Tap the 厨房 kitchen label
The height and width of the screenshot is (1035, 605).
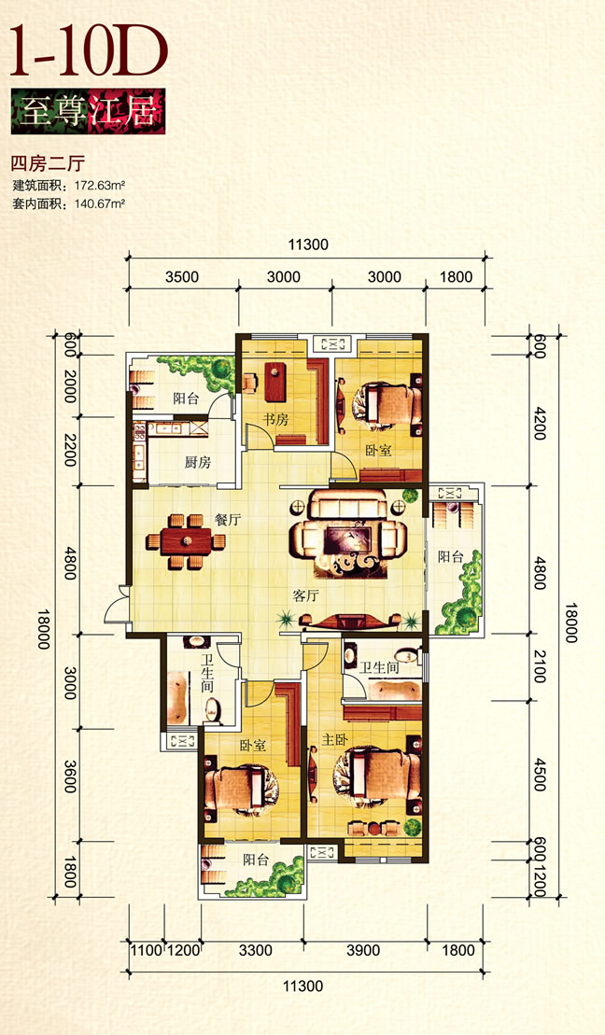pos(198,462)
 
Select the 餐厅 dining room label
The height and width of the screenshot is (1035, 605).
pos(227,519)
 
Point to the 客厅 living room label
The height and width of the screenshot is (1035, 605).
pos(306,595)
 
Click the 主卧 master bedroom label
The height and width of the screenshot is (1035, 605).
pos(334,740)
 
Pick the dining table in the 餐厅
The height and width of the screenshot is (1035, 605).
pos(186,541)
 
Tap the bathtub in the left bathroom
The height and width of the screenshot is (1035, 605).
pos(178,699)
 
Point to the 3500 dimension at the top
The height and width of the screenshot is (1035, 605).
pos(182,276)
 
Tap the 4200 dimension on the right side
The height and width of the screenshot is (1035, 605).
pos(540,423)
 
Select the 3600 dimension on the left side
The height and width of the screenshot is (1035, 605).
pos(70,776)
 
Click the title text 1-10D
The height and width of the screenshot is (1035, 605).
pos(90,50)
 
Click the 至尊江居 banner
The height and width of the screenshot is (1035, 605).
pos(88,111)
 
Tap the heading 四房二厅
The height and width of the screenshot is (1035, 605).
pos(49,162)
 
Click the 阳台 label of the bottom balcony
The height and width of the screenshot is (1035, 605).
pos(255,860)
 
